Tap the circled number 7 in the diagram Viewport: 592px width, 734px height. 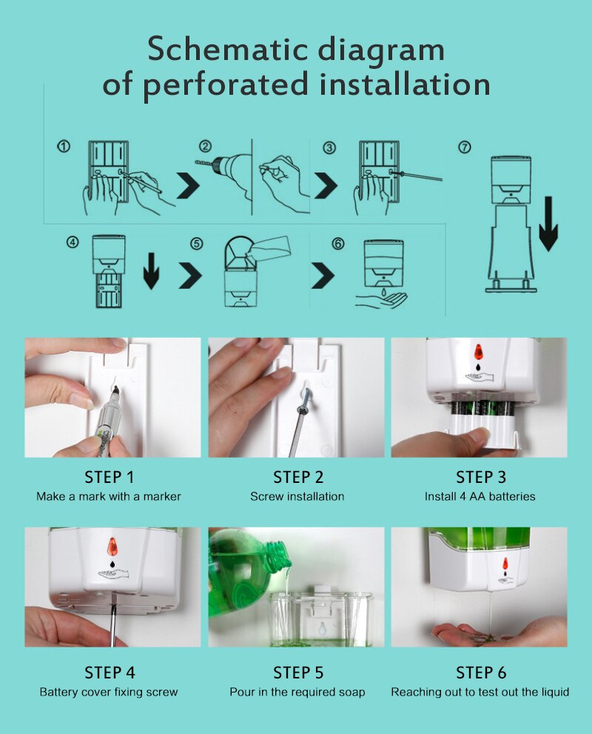(465, 147)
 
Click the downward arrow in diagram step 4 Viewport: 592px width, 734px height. (151, 270)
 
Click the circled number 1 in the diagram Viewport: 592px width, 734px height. (64, 147)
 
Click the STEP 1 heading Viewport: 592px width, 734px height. (110, 477)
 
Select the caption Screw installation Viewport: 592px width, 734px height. (297, 496)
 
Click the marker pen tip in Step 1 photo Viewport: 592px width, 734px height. (119, 390)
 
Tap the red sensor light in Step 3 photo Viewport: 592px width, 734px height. (478, 350)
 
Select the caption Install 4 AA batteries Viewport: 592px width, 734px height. (480, 496)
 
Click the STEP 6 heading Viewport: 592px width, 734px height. (481, 673)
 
